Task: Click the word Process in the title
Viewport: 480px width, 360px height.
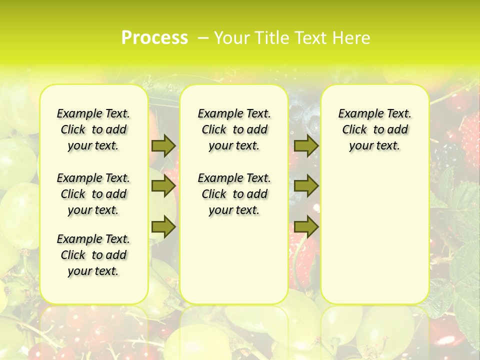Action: [x=154, y=37]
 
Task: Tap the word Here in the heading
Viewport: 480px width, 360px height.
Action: [x=351, y=38]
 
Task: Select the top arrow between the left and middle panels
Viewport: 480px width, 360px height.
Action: [x=163, y=145]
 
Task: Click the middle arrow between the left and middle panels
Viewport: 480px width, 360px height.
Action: [x=163, y=186]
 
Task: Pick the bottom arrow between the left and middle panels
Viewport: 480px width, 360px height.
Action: [x=163, y=226]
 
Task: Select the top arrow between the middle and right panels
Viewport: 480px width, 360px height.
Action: [x=306, y=145]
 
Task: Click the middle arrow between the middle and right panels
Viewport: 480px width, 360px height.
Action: [x=306, y=186]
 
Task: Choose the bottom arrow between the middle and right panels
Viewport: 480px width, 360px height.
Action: [x=306, y=226]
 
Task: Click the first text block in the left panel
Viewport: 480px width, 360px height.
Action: [x=93, y=129]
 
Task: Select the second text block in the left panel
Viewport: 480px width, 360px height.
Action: [x=93, y=194]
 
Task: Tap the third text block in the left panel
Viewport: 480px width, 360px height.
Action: [x=93, y=255]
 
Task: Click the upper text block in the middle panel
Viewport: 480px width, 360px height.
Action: [x=234, y=129]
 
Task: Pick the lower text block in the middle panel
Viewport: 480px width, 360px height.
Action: [x=234, y=194]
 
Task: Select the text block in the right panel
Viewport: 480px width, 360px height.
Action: [x=375, y=129]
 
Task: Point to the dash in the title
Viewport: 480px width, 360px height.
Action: [x=203, y=38]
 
